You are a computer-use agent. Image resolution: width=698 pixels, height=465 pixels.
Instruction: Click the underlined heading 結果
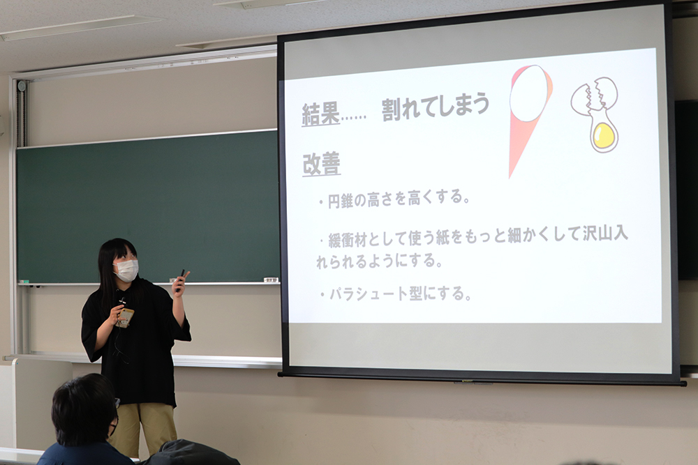click(x=321, y=114)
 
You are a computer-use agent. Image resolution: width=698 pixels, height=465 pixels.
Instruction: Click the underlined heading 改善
click(x=321, y=164)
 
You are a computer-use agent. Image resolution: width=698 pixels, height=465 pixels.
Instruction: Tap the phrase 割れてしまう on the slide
click(x=436, y=106)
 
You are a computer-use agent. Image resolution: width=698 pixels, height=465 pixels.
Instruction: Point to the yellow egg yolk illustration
click(x=604, y=135)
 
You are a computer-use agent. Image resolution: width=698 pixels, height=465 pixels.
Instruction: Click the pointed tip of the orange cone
click(x=511, y=177)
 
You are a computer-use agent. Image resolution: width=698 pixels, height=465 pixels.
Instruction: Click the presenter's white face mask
click(x=126, y=270)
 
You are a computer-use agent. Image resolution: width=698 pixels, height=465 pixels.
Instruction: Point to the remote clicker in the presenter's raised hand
click(x=181, y=279)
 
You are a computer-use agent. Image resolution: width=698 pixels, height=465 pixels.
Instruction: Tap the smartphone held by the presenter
click(x=125, y=318)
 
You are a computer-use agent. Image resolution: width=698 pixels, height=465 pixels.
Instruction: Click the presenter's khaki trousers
click(x=142, y=427)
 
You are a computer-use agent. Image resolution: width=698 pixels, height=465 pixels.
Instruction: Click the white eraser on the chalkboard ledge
click(x=271, y=280)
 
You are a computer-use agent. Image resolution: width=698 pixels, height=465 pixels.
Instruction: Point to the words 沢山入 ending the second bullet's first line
click(x=605, y=234)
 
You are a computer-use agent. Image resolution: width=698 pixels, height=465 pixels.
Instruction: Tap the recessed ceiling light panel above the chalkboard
click(x=80, y=26)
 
